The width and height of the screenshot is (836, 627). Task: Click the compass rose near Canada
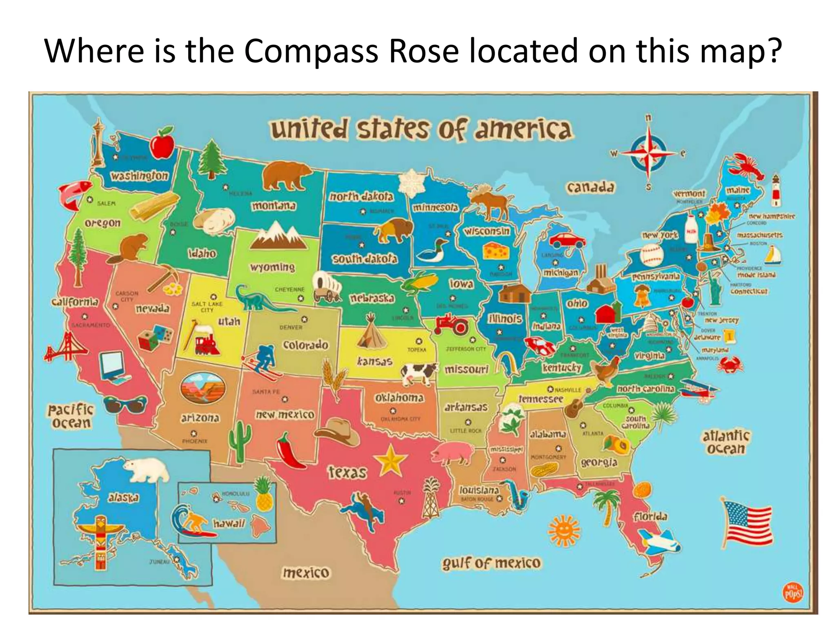pos(648,153)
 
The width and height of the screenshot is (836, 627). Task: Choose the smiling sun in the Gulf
pos(564,530)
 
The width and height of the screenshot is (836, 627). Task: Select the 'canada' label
pos(590,187)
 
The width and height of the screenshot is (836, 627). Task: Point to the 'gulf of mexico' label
pos(491,563)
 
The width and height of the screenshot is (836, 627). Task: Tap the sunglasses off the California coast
pos(125,405)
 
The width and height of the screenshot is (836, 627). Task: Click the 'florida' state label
pos(651,517)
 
